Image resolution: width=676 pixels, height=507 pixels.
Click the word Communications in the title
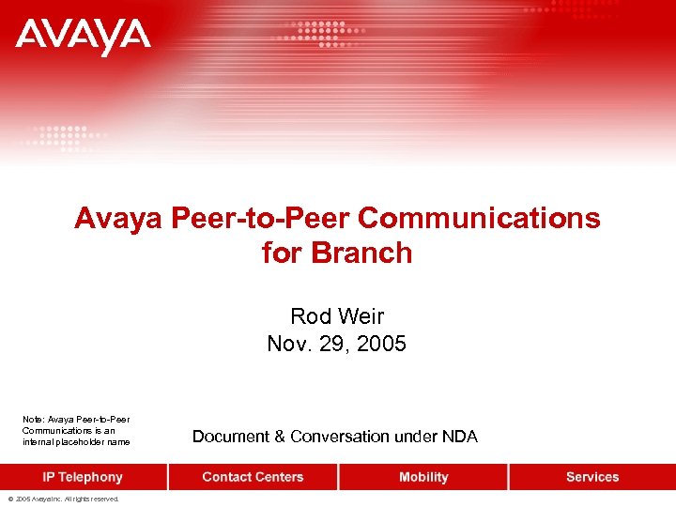coord(479,219)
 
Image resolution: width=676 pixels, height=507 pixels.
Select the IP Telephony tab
coord(83,477)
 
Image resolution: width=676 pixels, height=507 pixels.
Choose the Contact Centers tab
coord(253,477)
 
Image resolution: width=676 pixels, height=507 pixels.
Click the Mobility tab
coord(423,477)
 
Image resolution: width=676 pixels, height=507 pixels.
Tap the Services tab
coord(592,477)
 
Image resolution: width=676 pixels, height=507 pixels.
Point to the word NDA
coord(461,437)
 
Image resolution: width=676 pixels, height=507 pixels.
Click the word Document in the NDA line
coord(230,437)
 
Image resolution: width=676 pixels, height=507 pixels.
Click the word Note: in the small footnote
coord(33,419)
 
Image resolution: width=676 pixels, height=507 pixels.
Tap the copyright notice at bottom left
coord(65,499)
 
